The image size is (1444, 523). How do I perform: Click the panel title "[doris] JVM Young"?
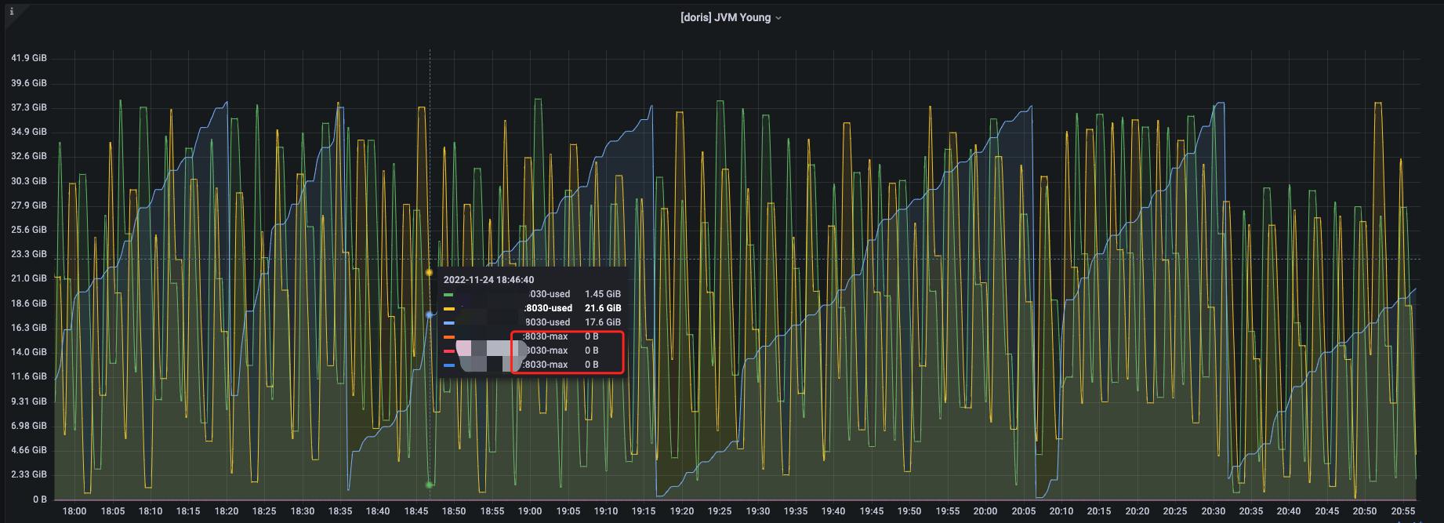point(725,17)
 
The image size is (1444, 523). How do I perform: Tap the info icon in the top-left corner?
point(12,12)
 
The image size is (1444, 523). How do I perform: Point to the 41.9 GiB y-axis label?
point(29,58)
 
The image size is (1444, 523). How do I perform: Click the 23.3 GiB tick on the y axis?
point(29,254)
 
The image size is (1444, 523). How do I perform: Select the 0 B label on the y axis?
point(39,499)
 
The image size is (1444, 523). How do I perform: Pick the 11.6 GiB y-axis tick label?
point(29,376)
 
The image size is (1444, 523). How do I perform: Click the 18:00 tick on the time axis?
point(74,511)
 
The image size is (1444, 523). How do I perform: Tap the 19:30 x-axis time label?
point(757,511)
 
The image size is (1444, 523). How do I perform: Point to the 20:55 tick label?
point(1402,511)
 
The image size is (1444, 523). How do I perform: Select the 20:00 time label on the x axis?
point(985,511)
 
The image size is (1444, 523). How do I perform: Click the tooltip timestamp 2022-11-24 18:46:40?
point(488,280)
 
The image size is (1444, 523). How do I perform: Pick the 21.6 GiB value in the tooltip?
point(603,308)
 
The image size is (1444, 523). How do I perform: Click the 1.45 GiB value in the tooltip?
point(603,294)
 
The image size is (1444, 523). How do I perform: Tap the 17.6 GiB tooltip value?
point(603,322)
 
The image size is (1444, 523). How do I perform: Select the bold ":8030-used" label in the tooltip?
point(548,308)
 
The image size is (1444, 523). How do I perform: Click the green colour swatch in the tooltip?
point(448,295)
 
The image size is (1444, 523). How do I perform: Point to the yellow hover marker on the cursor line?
point(429,272)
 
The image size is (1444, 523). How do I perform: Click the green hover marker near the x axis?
point(429,485)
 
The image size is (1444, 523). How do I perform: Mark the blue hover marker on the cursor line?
point(429,314)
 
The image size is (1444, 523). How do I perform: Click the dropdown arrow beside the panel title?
point(778,18)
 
